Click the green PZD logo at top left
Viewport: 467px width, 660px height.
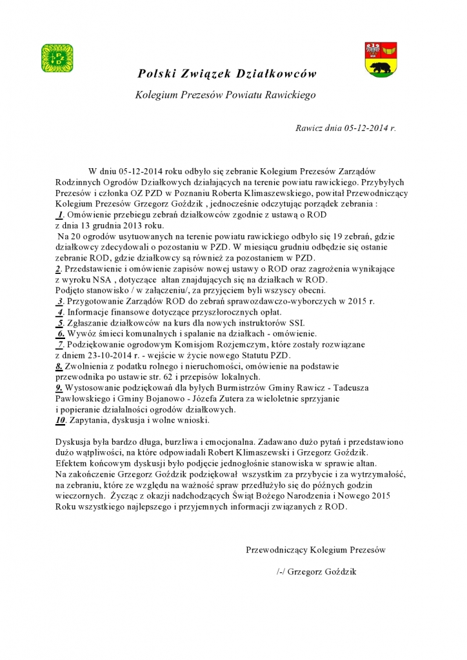[57, 58]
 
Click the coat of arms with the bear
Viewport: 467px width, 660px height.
[381, 59]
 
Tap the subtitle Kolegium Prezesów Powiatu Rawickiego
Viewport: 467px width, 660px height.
[225, 95]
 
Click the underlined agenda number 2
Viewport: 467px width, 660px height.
[58, 268]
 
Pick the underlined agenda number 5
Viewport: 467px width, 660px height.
[59, 322]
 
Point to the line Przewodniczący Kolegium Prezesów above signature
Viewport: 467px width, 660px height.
[315, 550]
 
